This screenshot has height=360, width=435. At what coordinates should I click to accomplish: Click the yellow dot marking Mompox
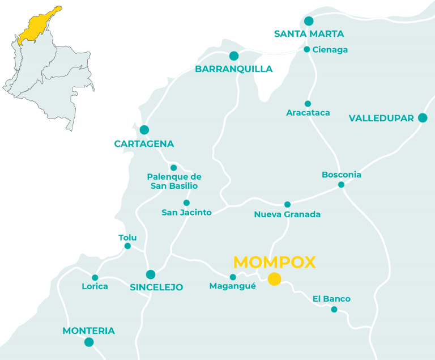(x=274, y=278)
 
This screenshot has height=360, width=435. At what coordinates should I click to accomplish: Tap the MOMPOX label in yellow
(x=274, y=262)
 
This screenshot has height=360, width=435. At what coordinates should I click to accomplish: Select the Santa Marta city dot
(x=309, y=21)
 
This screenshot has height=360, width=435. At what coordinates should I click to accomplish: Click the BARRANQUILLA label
(x=233, y=69)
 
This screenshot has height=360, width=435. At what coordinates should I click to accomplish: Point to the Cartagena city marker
(x=144, y=130)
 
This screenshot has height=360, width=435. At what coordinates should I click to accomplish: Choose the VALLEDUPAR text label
(x=381, y=118)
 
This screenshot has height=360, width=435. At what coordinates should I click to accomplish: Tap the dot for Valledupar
(x=422, y=118)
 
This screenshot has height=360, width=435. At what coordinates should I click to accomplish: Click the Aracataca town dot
(x=308, y=104)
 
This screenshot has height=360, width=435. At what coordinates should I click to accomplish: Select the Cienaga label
(x=330, y=50)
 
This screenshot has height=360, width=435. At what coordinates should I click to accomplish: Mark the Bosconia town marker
(x=341, y=185)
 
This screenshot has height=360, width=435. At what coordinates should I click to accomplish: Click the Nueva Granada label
(x=287, y=214)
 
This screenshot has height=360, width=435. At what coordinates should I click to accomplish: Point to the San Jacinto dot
(x=186, y=203)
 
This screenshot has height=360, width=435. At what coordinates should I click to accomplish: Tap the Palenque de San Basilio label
(x=174, y=181)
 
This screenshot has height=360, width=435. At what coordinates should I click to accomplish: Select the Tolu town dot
(x=127, y=246)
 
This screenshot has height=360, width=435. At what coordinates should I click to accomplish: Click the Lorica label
(x=95, y=286)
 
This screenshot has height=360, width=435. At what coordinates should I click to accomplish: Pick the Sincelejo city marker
(x=151, y=275)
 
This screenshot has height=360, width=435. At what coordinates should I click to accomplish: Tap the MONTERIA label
(x=88, y=331)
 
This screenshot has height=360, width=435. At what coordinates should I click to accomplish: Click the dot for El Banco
(x=334, y=310)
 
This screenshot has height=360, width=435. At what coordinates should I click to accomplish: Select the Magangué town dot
(x=233, y=277)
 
